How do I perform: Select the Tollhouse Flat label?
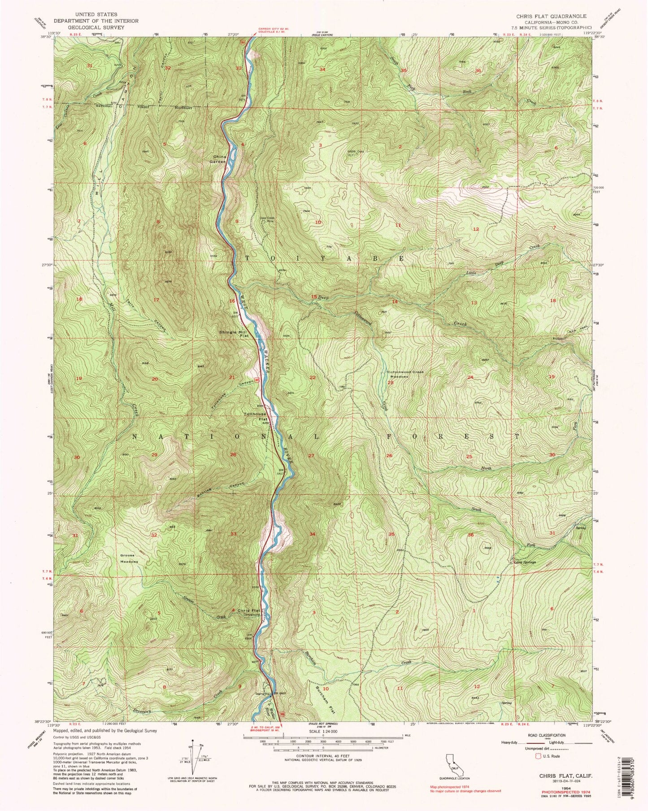pos(255,417)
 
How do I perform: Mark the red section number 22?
pos(313,377)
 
